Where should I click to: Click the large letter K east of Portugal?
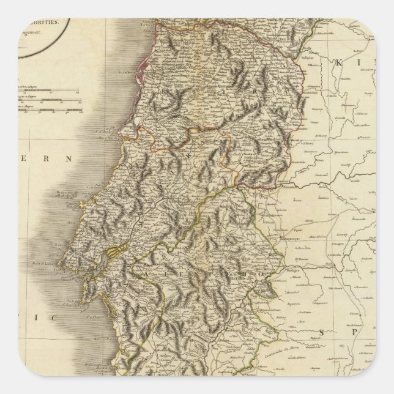tap(341, 62)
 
